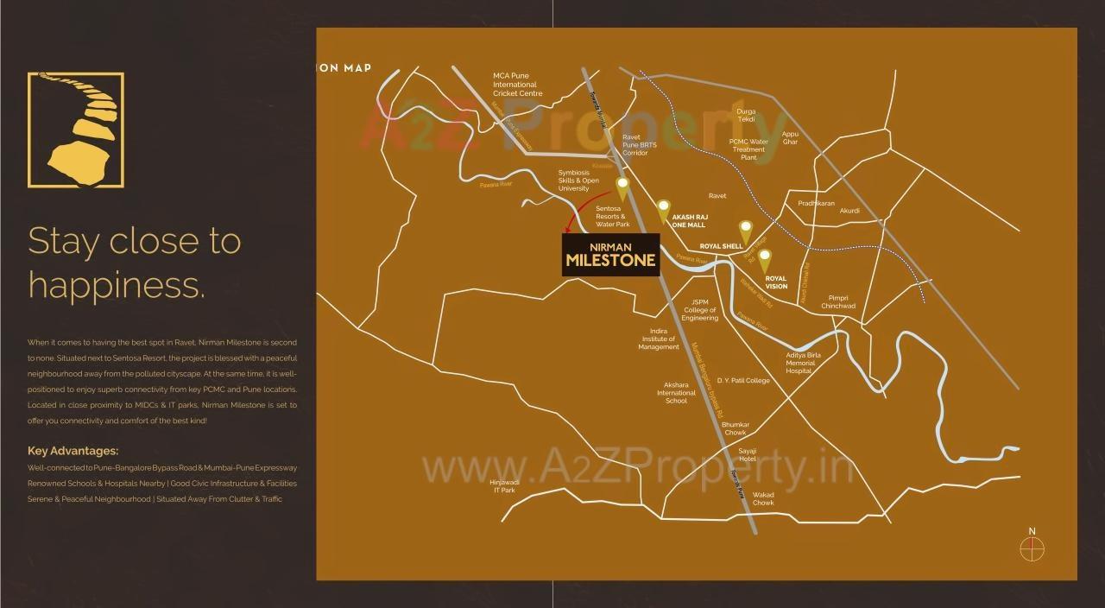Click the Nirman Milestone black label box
coord(610,255)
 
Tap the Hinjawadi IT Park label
coord(504,485)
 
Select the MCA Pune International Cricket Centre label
coord(517,84)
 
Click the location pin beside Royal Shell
coord(746,231)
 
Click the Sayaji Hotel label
coord(748,454)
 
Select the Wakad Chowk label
coord(763,498)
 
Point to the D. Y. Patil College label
coord(743,381)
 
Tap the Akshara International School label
coord(676,393)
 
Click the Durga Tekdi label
coord(746,115)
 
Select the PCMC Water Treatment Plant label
coord(748,149)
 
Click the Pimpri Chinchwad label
coord(838,301)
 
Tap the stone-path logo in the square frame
coord(76,130)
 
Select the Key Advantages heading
coord(73,451)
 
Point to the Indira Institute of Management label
coord(659,339)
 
